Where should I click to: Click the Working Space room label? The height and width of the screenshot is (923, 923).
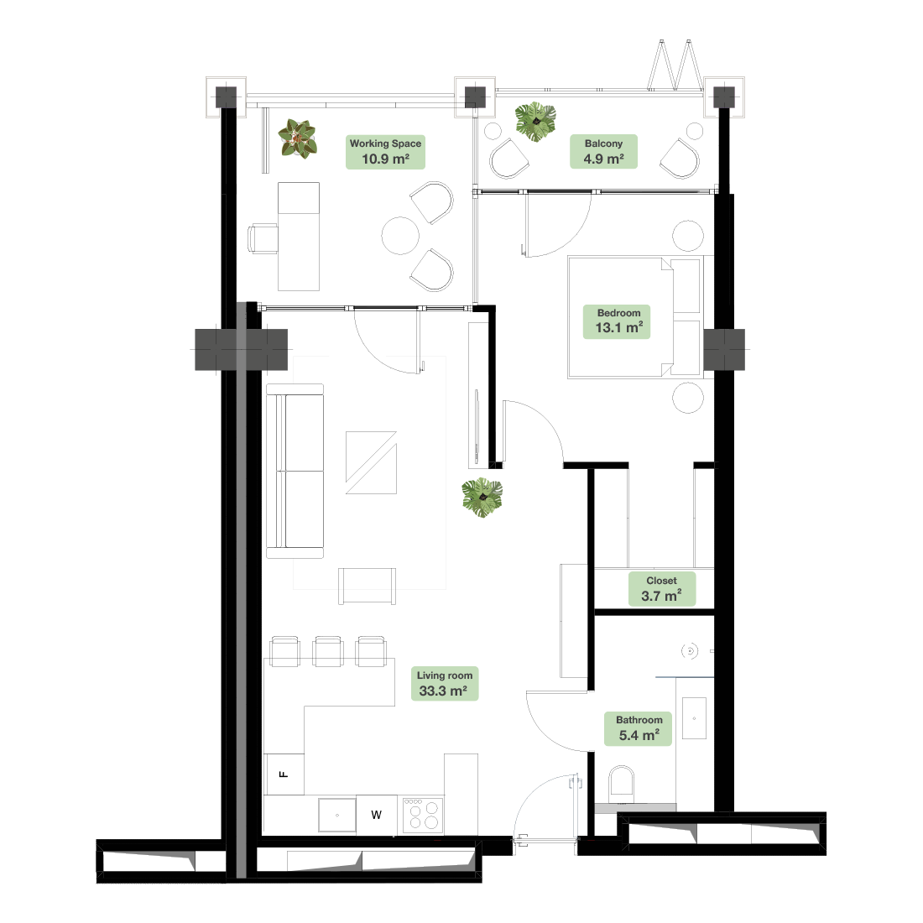(386, 152)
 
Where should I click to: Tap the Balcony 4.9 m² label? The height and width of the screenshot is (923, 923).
(603, 152)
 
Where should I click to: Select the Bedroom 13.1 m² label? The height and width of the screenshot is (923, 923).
(617, 321)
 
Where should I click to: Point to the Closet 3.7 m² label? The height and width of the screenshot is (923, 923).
(662, 589)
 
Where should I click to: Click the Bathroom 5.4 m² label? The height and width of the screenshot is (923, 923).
(638, 728)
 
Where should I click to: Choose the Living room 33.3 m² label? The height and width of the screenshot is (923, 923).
(445, 683)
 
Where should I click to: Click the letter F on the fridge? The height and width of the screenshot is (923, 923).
(284, 774)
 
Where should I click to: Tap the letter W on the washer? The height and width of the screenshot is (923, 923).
(376, 815)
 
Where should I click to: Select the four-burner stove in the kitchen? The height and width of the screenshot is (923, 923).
(423, 816)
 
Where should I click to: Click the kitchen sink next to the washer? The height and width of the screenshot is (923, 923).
(336, 816)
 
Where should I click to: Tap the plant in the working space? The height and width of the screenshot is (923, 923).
(298, 138)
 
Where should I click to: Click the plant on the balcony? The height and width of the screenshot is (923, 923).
(535, 122)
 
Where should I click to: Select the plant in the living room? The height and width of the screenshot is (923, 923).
(482, 498)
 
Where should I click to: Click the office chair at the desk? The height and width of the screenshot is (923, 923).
(263, 239)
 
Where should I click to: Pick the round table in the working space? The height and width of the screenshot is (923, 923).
(400, 236)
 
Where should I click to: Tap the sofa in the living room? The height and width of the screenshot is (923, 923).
(295, 471)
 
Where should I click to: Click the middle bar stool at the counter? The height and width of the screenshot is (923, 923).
(328, 651)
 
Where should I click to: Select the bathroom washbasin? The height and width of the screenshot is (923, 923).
(694, 718)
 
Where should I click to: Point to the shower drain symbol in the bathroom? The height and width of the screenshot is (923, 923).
(690, 651)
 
